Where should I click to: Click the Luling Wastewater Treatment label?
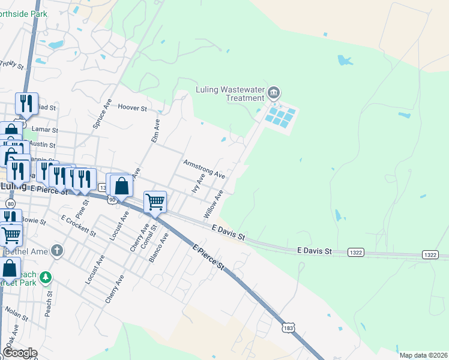point(231,94)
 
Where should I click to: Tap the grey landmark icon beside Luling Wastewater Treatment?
point(274,92)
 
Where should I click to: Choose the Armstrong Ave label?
point(203,169)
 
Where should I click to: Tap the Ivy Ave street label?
point(197,182)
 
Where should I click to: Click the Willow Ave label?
point(213,204)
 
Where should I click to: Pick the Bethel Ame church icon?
point(57,250)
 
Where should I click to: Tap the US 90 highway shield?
point(112,199)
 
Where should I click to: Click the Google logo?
point(19,353)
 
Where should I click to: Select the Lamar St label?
point(46,129)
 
